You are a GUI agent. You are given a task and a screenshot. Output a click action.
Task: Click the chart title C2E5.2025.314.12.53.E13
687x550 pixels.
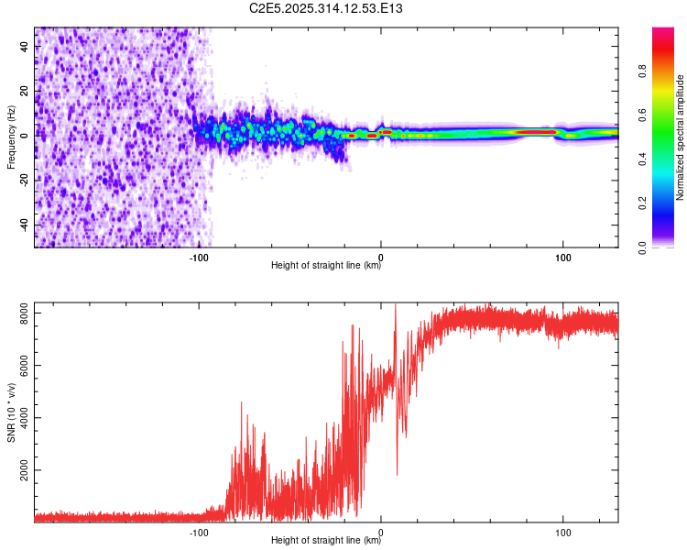(x=327, y=8)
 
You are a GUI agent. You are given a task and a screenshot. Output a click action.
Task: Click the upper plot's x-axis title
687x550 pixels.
(x=326, y=266)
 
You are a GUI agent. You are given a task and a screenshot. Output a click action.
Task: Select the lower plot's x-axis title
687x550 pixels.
(x=326, y=540)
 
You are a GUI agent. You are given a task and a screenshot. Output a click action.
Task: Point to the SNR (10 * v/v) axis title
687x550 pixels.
(x=11, y=412)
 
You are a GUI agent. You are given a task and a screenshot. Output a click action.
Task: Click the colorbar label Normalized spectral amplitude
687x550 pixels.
(x=681, y=137)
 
